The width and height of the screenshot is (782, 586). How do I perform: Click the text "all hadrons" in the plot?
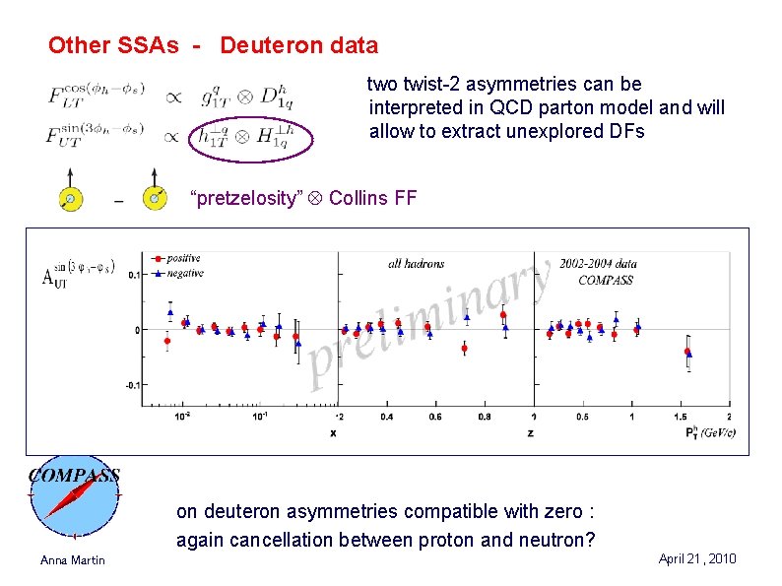416,263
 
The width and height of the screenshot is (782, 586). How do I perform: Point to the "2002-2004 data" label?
598,263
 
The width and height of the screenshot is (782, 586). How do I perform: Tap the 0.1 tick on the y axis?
134,275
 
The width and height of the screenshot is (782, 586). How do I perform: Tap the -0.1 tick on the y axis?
132,385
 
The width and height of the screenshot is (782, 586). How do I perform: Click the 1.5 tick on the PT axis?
682,417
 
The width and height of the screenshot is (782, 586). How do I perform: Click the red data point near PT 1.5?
686,351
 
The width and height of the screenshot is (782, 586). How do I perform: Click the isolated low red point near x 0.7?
464,348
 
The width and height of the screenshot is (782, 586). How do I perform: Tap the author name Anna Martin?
72,560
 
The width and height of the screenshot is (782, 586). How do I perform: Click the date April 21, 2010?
696,558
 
